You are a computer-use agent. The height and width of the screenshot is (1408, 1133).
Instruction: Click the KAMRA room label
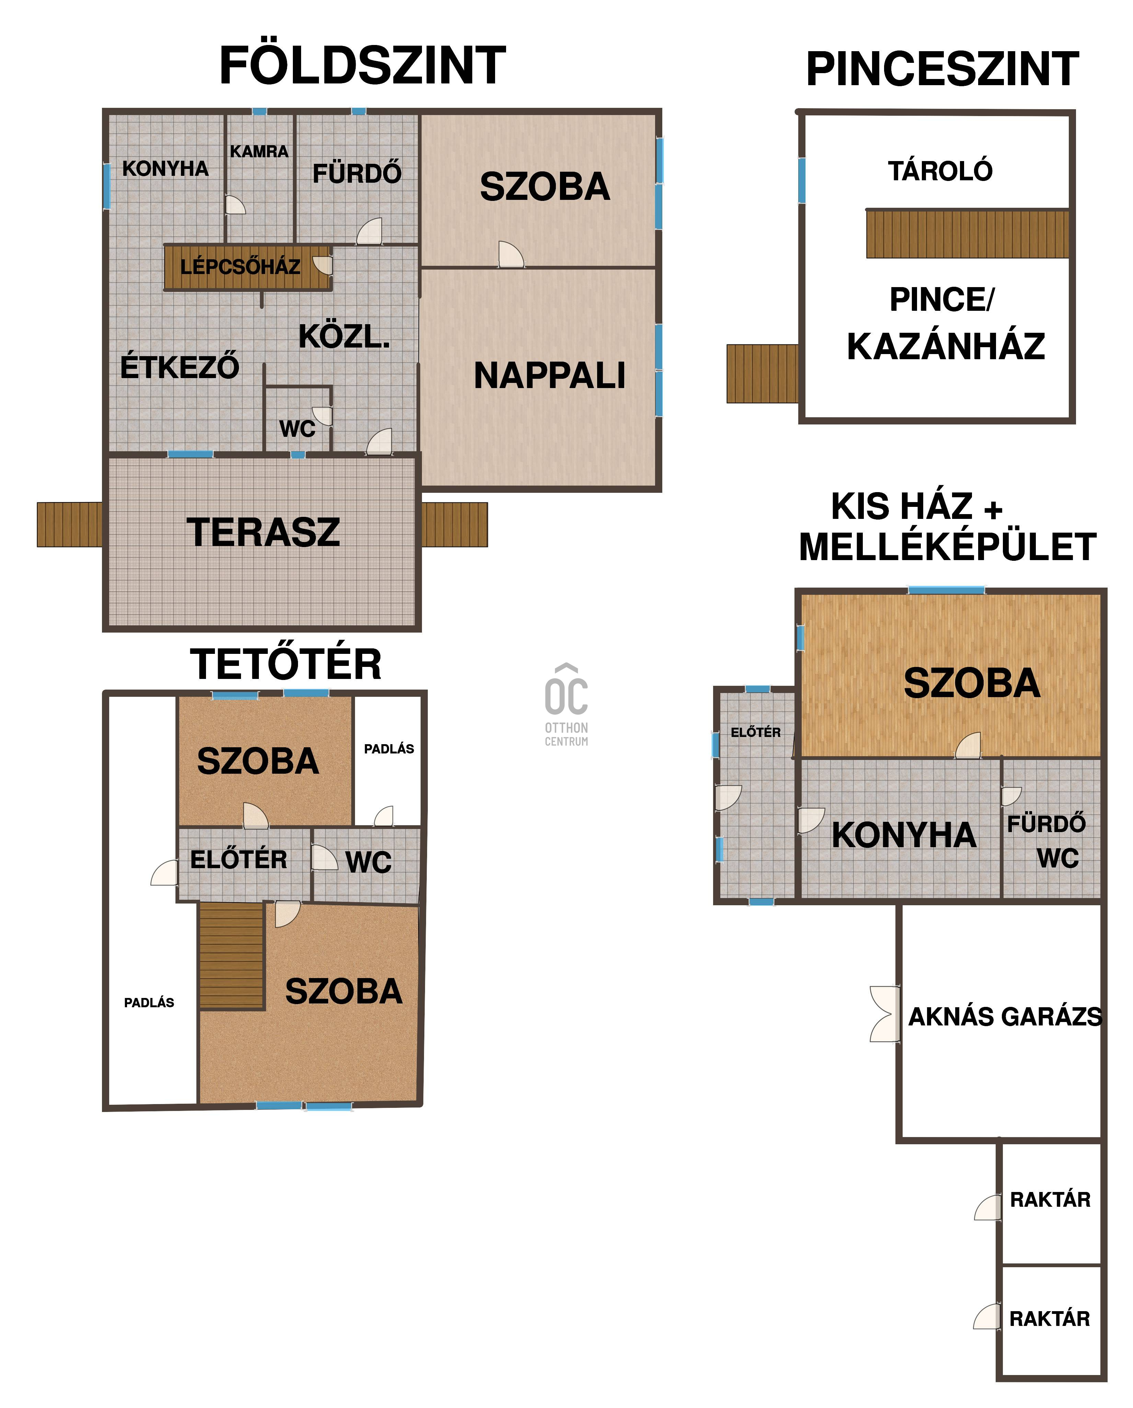click(x=259, y=151)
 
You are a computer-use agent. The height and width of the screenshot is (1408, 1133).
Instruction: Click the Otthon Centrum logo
click(x=566, y=705)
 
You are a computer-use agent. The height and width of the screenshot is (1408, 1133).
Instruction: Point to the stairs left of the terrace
click(x=69, y=524)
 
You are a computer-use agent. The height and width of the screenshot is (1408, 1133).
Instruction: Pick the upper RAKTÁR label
click(x=1050, y=1200)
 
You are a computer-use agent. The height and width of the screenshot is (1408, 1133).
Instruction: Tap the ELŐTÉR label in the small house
click(x=756, y=732)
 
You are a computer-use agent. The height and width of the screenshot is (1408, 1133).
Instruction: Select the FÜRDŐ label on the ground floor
click(x=357, y=174)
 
